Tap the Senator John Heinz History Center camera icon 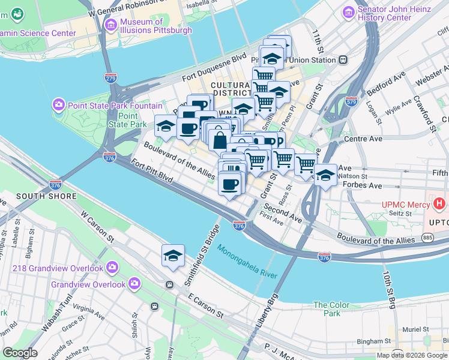coord(348,12)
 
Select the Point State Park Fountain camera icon coord(58,105)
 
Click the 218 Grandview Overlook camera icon coord(112,268)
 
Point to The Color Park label coord(331,309)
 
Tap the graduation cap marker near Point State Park coord(166,125)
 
